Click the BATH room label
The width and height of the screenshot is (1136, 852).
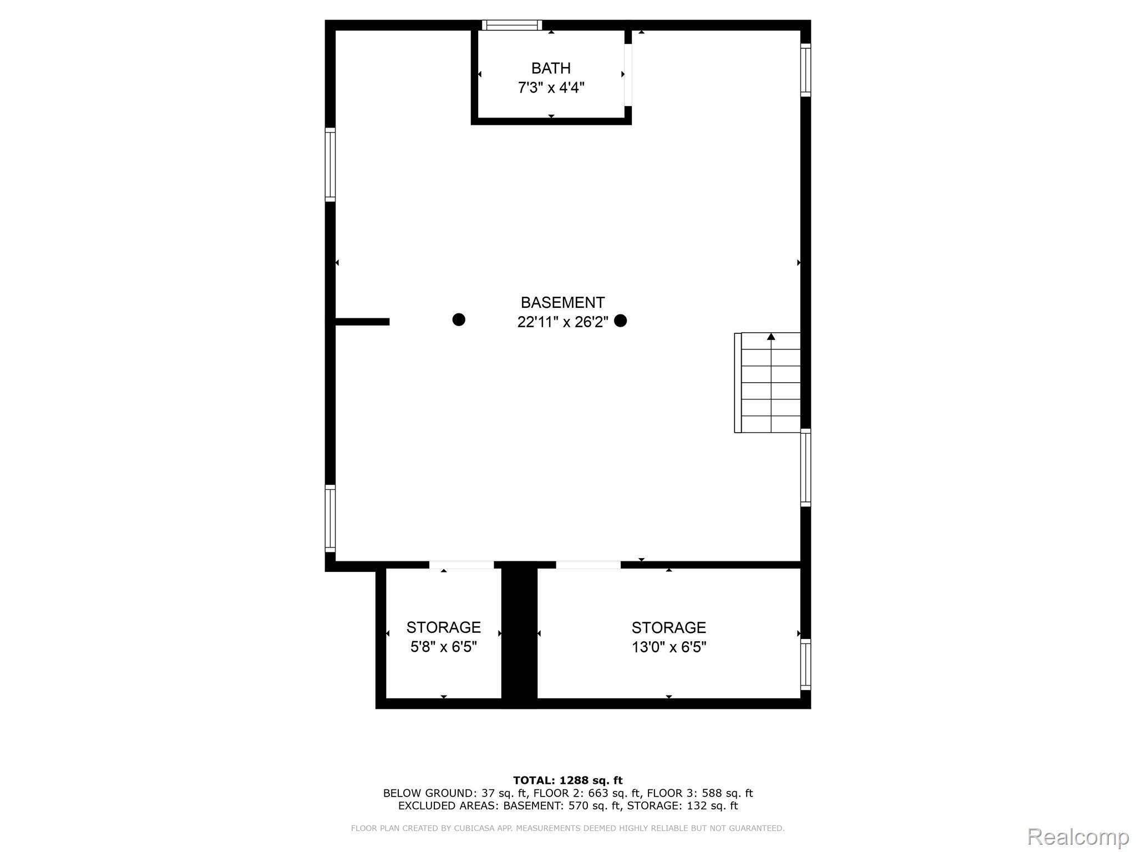pos(551,68)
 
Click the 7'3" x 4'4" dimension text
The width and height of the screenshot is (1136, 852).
pos(551,88)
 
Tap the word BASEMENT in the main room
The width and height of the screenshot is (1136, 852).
pos(562,302)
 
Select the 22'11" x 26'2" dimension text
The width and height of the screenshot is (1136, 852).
pos(562,322)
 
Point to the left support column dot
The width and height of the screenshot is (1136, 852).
pos(459,319)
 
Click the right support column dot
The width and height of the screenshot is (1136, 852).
pos(621,321)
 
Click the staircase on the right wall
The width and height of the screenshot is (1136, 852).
pos(768,382)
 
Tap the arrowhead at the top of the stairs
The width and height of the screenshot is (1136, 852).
pos(771,336)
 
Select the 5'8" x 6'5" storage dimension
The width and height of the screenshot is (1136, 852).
pos(443,647)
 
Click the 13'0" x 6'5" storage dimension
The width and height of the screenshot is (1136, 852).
pos(668,647)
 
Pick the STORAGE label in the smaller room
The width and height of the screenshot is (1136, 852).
pos(443,627)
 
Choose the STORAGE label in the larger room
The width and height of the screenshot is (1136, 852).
pos(668,627)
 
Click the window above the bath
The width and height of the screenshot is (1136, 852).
pos(512,25)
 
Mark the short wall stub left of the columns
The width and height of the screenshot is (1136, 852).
pos(362,322)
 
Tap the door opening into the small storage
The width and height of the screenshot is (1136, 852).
pos(461,565)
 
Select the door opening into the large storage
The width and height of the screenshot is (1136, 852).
pos(588,565)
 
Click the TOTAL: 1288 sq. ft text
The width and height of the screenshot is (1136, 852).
pos(567,780)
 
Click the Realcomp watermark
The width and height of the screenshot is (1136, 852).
pos(1078,836)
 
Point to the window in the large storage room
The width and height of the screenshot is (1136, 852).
pos(805,664)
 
